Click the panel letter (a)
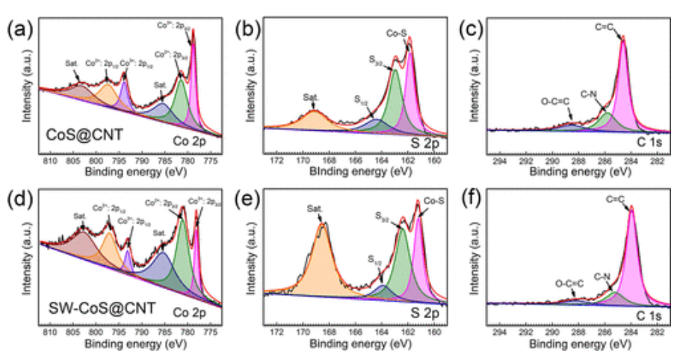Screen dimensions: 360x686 pyautogui.click(x=16, y=31)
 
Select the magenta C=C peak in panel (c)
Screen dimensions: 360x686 pyautogui.click(x=624, y=90)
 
